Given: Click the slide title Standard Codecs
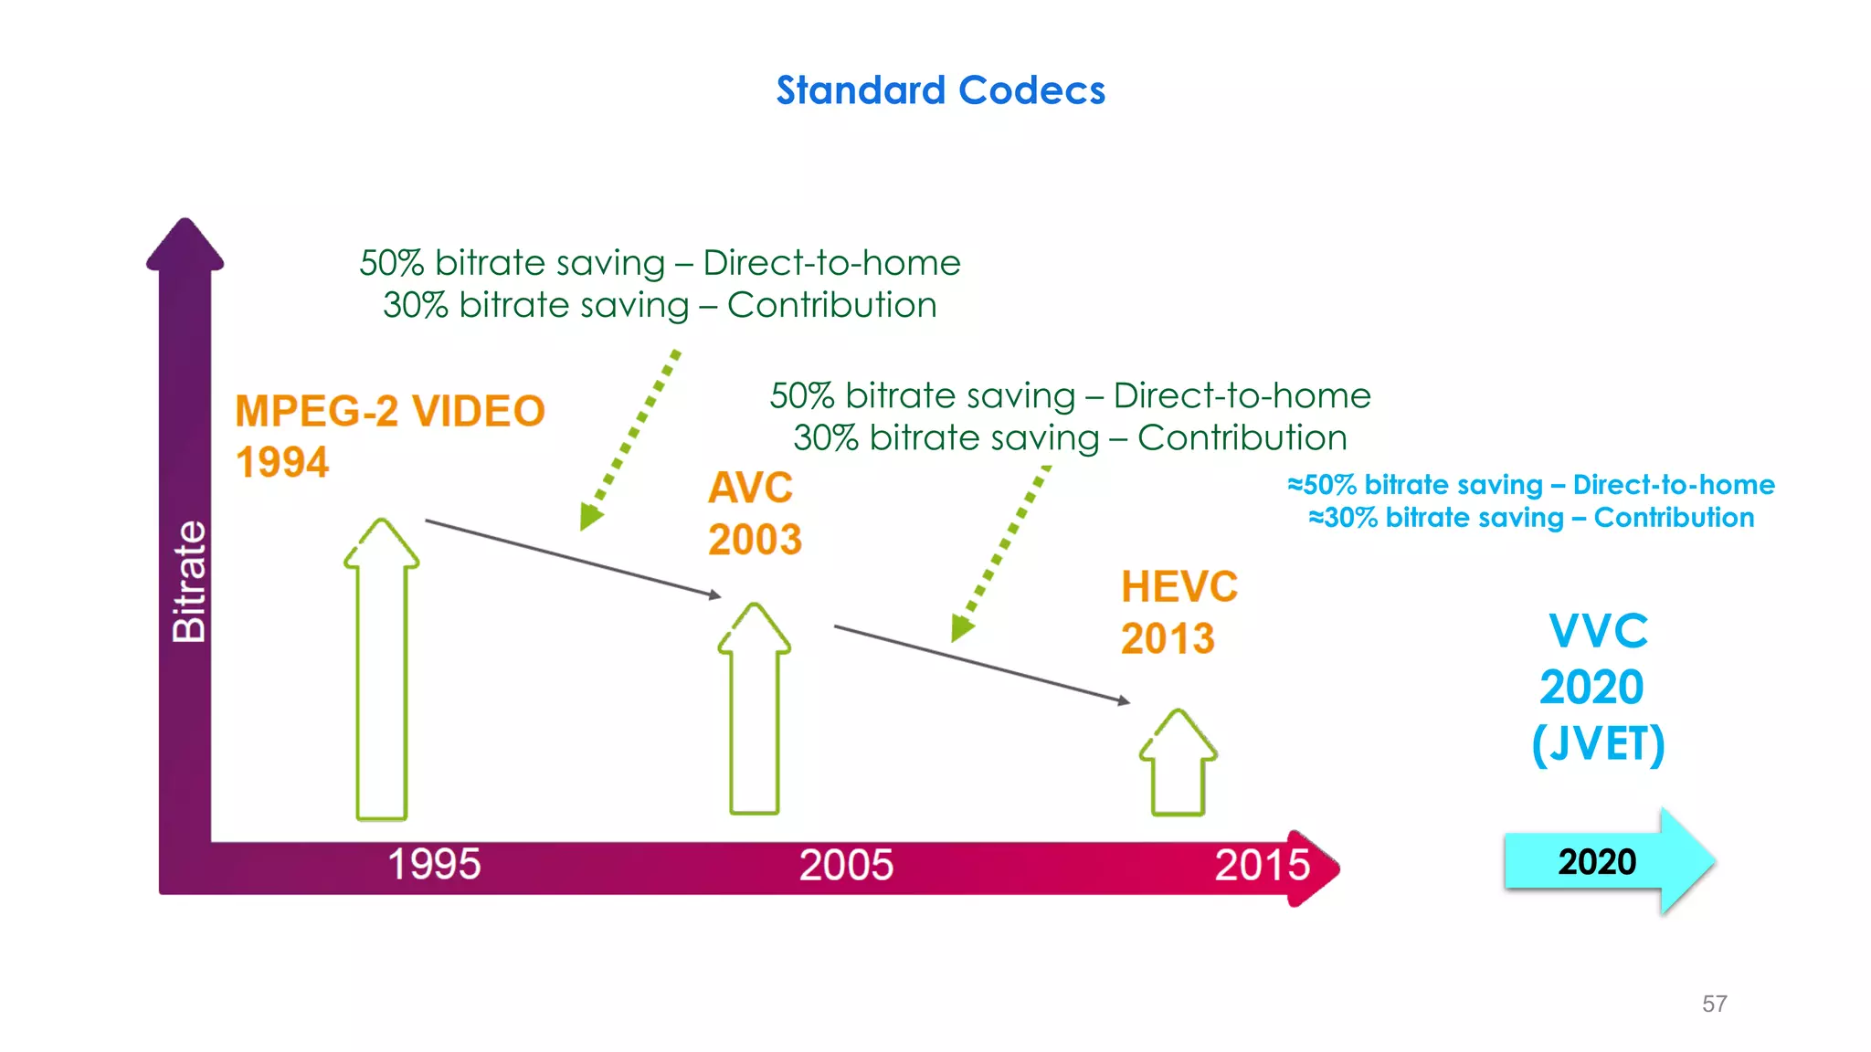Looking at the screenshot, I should click(x=940, y=90).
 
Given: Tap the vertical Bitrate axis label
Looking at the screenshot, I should click(x=189, y=582).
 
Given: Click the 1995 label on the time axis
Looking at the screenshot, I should click(x=434, y=864).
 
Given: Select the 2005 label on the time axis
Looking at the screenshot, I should click(x=846, y=865).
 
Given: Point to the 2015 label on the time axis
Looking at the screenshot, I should click(x=1262, y=865).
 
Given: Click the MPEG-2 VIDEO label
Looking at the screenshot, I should click(x=390, y=411).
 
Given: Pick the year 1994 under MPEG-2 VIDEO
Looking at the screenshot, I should click(x=282, y=462).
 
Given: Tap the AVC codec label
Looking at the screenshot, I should click(x=750, y=488).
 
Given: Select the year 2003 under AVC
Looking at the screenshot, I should click(x=755, y=540).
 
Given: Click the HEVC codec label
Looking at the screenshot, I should click(x=1179, y=586).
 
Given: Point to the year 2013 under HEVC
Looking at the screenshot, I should click(x=1168, y=638).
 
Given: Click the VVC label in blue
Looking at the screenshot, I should click(x=1598, y=631).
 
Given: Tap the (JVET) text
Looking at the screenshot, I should click(x=1598, y=743).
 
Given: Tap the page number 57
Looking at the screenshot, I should click(x=1714, y=1004).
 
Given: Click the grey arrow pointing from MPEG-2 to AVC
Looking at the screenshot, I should click(x=573, y=558).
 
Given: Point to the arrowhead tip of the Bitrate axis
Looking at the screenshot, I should click(x=185, y=222).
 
